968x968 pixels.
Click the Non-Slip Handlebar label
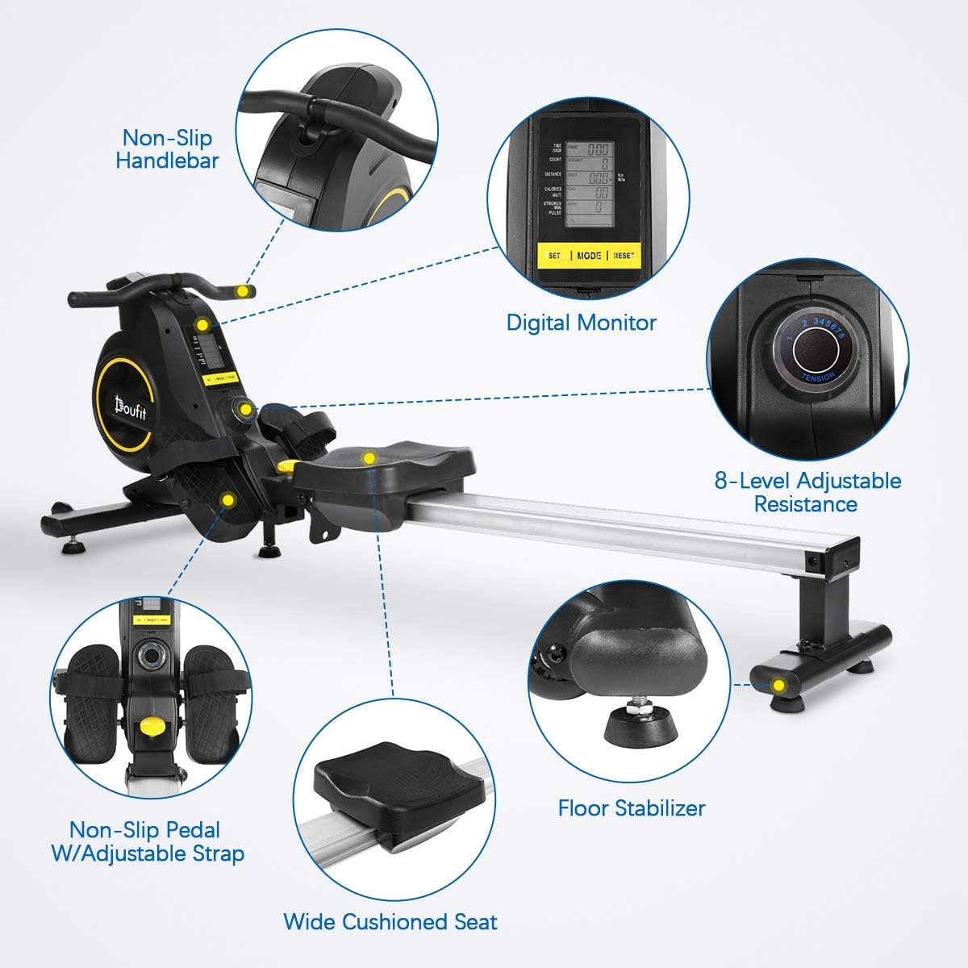click(x=167, y=148)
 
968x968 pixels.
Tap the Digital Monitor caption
click(x=581, y=323)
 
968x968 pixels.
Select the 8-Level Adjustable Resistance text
click(x=807, y=492)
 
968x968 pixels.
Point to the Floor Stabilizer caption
click(x=632, y=807)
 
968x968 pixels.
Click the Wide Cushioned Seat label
click(x=390, y=921)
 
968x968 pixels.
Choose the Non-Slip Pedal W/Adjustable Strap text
click(x=148, y=841)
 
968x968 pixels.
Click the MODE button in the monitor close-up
click(x=588, y=255)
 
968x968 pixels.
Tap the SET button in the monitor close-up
click(x=554, y=256)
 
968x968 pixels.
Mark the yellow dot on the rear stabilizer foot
click(x=778, y=686)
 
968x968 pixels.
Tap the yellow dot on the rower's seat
click(x=369, y=458)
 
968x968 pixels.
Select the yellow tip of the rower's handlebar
click(x=244, y=290)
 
